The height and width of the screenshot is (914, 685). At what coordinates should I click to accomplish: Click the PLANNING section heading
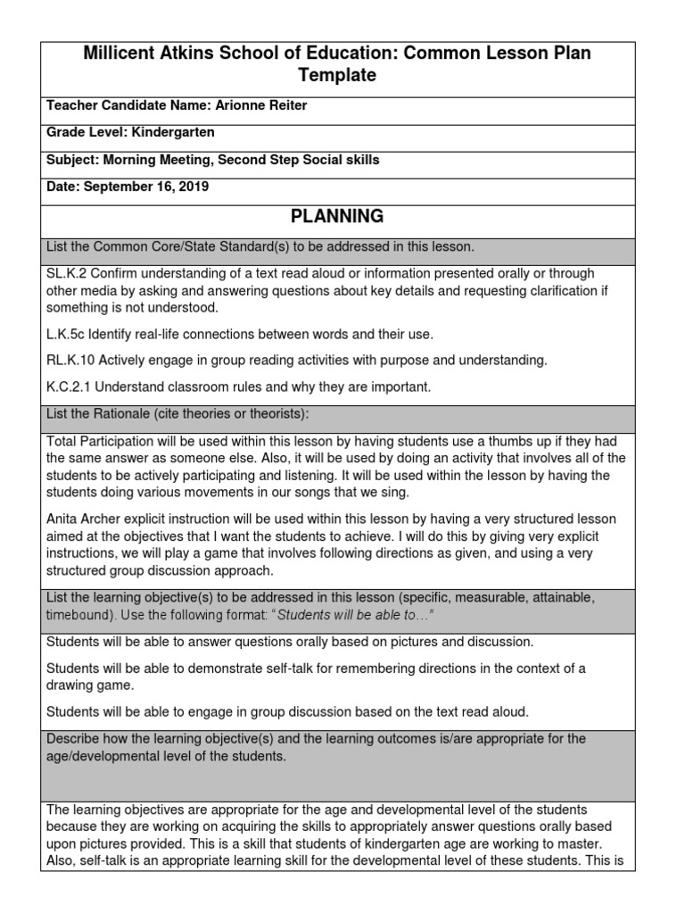(337, 216)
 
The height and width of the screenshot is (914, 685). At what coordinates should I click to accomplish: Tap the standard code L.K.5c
(68, 334)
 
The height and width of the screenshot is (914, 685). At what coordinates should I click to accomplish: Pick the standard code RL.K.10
(71, 360)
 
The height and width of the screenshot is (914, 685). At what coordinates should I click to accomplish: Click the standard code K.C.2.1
(70, 386)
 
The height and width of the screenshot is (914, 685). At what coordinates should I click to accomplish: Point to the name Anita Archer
(86, 519)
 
